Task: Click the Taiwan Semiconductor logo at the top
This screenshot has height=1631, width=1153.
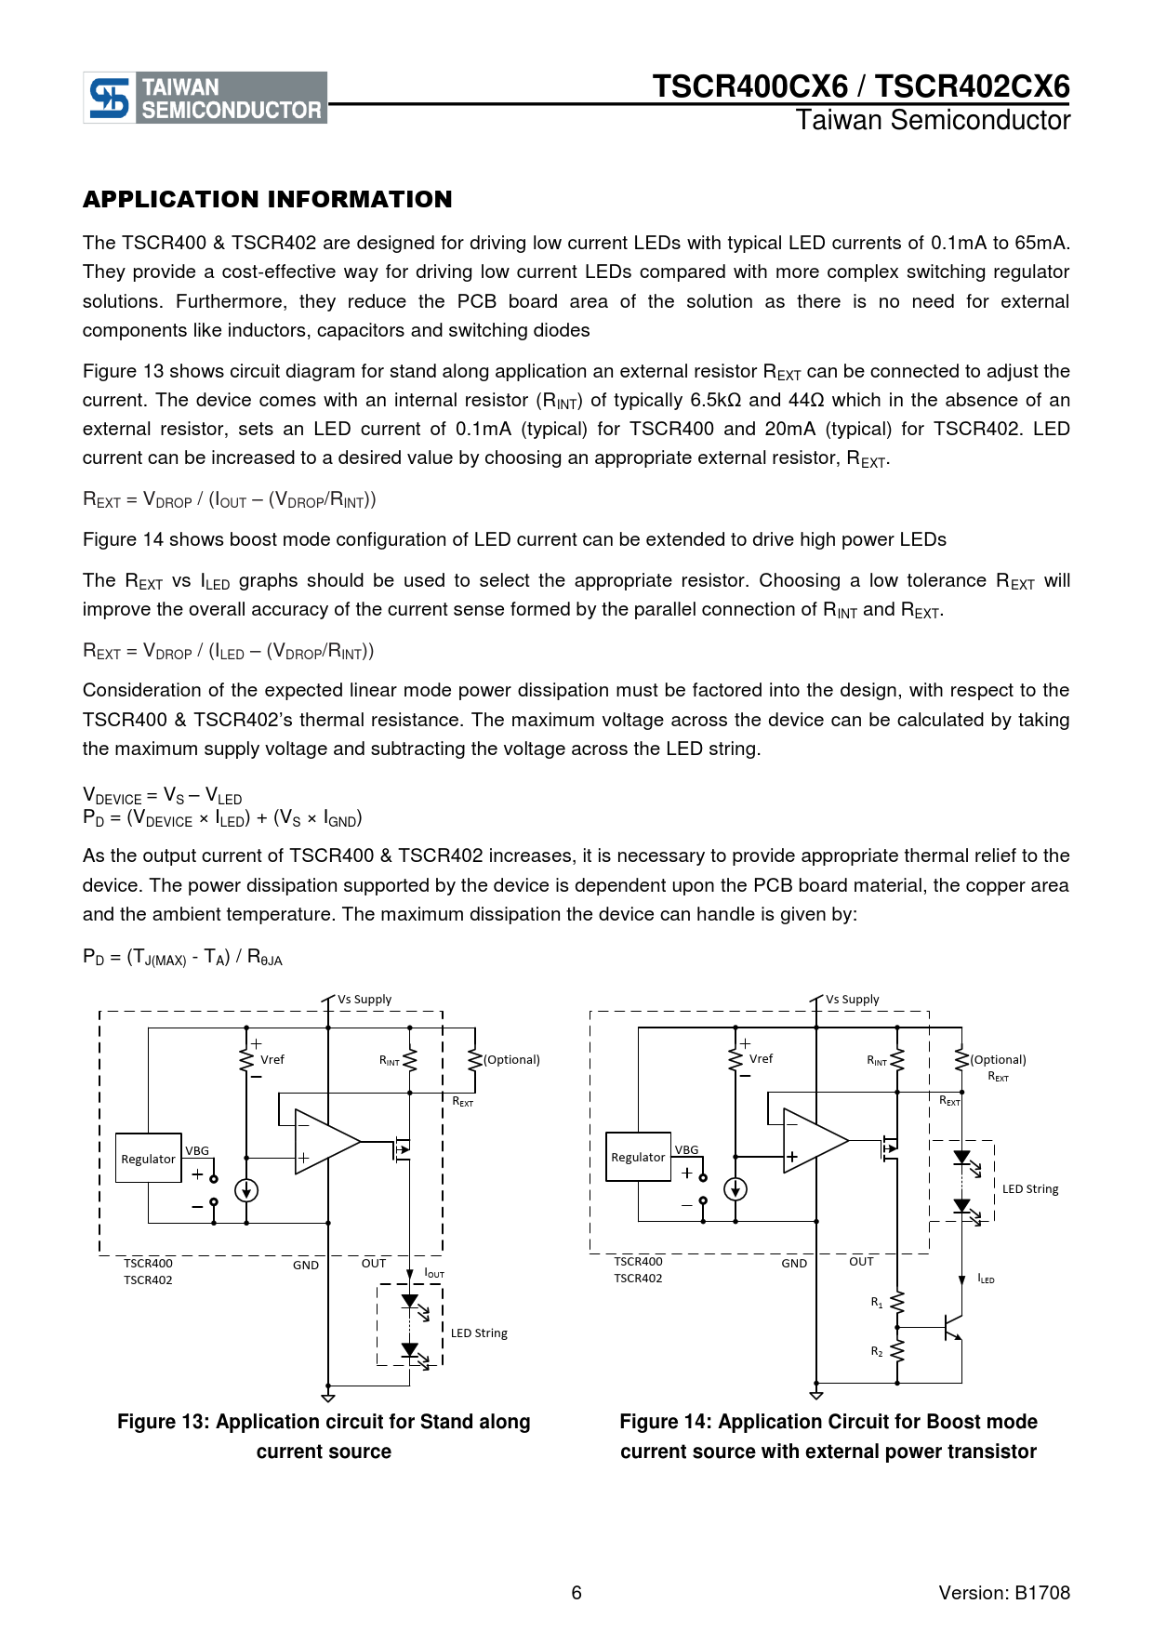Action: point(205,98)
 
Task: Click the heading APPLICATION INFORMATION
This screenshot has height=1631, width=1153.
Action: point(268,200)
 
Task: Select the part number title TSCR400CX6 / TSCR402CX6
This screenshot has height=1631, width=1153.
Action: point(860,86)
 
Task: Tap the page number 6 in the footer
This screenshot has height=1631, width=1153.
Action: point(576,1593)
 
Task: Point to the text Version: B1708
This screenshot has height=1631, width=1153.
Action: point(1004,1593)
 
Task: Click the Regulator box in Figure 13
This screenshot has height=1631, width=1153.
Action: point(148,1159)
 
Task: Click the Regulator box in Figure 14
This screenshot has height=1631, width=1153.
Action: point(638,1157)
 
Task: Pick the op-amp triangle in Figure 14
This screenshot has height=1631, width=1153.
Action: point(811,1141)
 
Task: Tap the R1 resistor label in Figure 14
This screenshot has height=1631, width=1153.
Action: point(877,1303)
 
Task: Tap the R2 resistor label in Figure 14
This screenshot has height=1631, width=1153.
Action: point(877,1351)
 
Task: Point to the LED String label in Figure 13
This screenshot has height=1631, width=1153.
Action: point(479,1333)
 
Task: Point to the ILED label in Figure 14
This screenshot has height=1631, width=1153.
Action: point(986,1280)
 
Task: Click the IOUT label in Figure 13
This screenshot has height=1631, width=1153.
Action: point(434,1272)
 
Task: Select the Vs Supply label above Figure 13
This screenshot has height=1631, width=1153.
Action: point(364,1000)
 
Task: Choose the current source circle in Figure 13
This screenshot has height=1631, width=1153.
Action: point(246,1190)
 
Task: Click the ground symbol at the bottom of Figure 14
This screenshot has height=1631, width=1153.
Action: point(816,1394)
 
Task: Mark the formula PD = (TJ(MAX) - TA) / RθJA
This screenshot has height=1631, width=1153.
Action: point(182,957)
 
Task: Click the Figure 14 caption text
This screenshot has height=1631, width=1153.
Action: point(828,1437)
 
